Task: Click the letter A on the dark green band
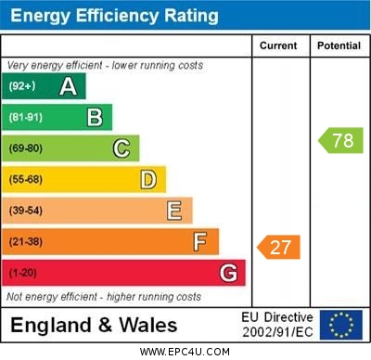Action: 68,86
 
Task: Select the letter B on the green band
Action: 95,117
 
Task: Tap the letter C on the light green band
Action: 122,148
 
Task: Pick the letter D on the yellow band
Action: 148,179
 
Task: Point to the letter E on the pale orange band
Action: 174,211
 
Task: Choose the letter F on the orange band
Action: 200,242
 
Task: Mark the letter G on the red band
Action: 228,273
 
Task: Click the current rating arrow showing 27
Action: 280,247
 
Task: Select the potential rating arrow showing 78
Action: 341,141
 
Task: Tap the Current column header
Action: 278,45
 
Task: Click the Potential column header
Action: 339,45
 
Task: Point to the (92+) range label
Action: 22,86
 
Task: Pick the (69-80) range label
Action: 26,148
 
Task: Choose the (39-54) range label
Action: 26,211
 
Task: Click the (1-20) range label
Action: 23,273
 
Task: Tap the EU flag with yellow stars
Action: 341,325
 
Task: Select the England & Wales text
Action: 94,325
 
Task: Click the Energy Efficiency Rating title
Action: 114,16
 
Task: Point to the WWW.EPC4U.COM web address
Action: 185,352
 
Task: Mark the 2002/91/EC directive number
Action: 278,331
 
